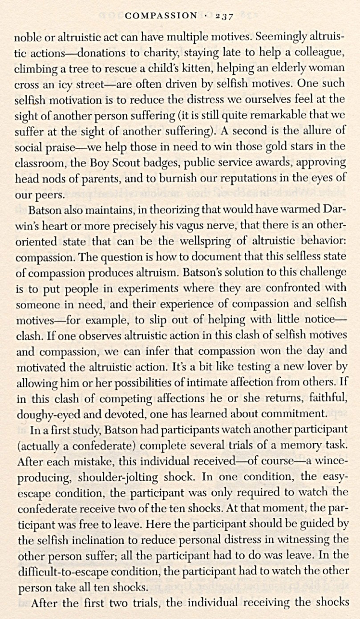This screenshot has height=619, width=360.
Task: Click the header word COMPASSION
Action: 161,16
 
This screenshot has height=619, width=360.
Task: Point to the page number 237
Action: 225,16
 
